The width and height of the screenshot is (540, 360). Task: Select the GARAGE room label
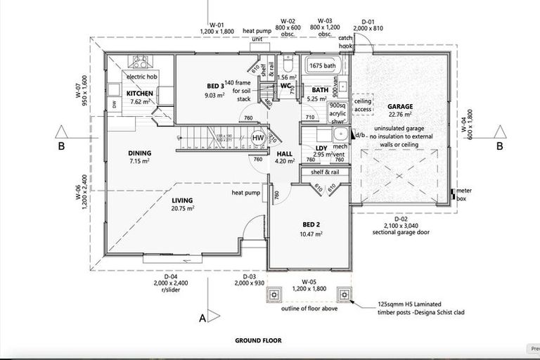(x=400, y=108)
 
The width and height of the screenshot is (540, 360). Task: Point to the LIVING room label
(x=182, y=200)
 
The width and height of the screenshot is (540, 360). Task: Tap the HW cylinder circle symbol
(x=258, y=138)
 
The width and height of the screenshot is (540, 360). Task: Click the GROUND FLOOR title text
(x=258, y=340)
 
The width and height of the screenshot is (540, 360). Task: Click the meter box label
(x=463, y=193)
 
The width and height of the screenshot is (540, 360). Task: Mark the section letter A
(x=203, y=319)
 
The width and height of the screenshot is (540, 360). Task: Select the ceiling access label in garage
(x=363, y=105)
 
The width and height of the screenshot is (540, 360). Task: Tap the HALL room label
(x=284, y=153)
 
